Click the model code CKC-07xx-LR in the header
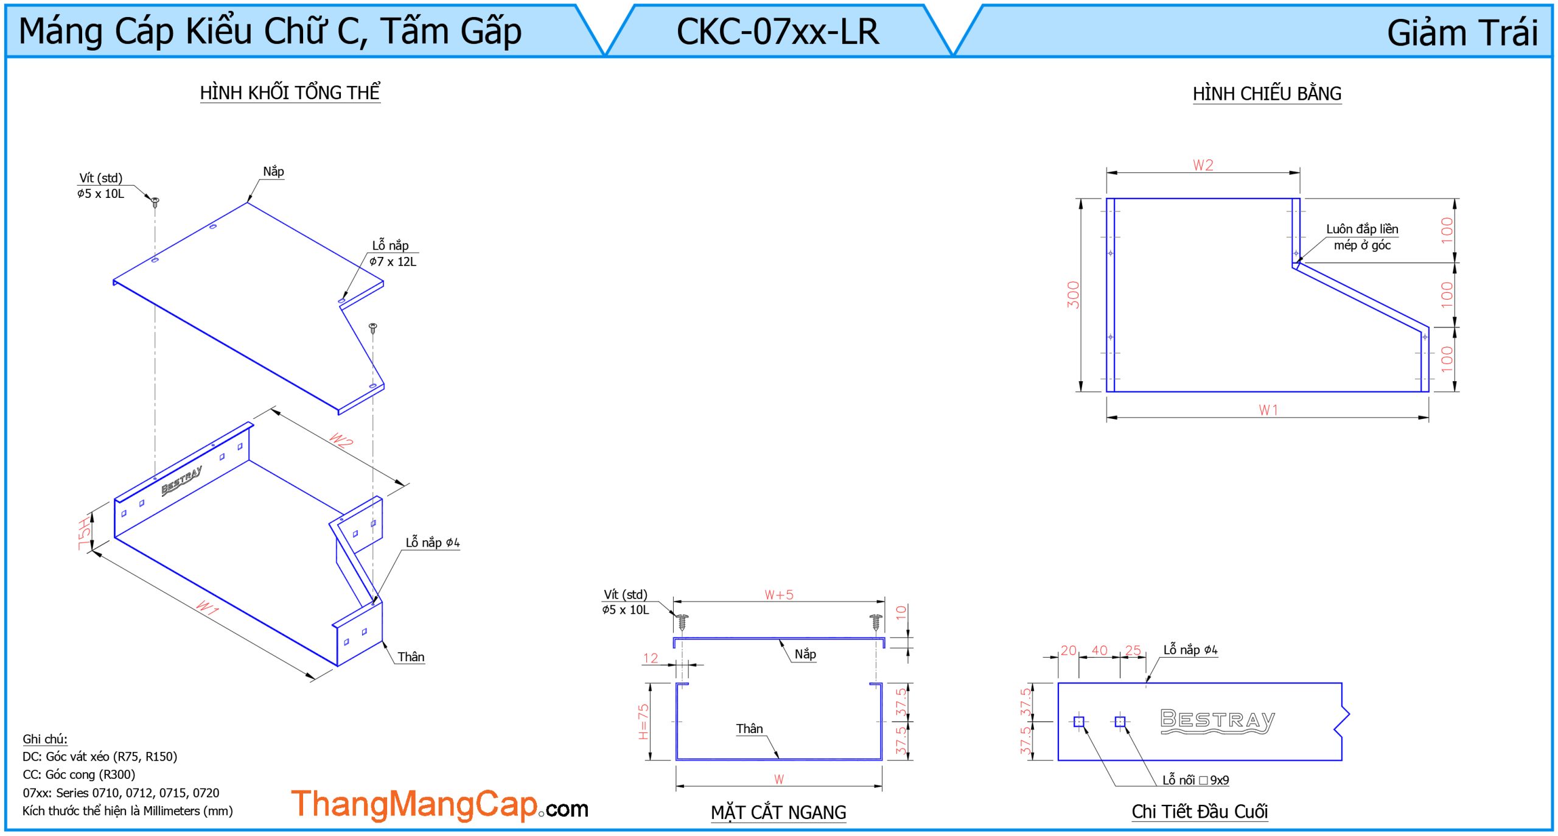point(778,32)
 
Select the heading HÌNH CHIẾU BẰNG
point(1266,94)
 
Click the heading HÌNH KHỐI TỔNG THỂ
point(290,93)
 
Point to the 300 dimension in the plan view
point(1073,295)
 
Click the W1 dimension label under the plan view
point(1268,410)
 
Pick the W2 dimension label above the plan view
point(1203,165)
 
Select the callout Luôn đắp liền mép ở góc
point(1362,237)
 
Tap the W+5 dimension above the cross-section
point(779,595)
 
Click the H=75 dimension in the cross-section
point(643,722)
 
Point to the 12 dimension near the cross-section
point(650,658)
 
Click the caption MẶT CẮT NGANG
point(778,812)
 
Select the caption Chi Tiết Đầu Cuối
point(1200,812)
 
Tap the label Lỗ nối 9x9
point(1195,780)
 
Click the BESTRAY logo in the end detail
point(1217,721)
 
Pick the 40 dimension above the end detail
point(1099,650)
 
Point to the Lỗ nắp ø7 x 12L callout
point(393,253)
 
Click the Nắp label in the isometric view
point(273,172)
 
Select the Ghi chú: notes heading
point(45,739)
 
